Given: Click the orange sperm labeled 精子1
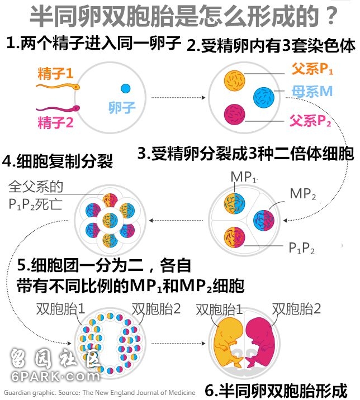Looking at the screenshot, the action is pos(58,87).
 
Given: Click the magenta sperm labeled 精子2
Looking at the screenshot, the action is pos(58,109).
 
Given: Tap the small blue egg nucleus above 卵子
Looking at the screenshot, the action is pos(125,88).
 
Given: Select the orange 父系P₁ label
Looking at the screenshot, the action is pos(312,69).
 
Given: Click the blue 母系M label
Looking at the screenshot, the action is pos(312,91).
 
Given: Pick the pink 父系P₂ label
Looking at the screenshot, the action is pos(310,121).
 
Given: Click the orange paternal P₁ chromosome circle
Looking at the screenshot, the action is pos(234,80).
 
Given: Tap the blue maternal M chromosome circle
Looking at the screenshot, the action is pos(264,97).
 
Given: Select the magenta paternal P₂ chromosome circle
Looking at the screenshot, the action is pos(234,115).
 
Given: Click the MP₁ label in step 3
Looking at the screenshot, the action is pos(244,177).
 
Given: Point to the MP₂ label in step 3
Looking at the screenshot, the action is pos(303,194).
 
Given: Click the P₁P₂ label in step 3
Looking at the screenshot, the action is pos(301,247).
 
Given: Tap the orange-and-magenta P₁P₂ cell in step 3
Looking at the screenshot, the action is pos(234,237).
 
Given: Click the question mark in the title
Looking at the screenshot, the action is pos(332,16).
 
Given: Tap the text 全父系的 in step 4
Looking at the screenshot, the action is pos(36,187).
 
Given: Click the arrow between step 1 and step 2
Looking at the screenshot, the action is pos(178,97).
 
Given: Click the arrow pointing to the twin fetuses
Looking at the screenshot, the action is pos(178,344).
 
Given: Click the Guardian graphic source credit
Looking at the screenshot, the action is pos(100,392).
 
